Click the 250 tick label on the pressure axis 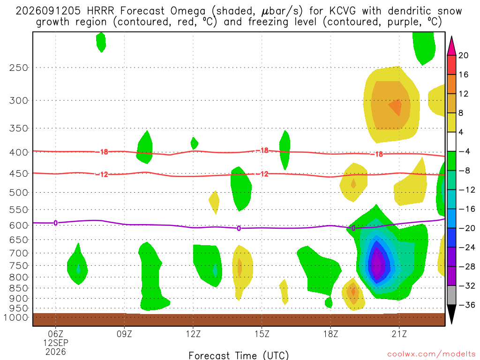point(19,67)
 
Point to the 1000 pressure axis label point(15,317)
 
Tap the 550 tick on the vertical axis point(19,210)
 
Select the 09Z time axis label point(124,334)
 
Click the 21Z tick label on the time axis point(399,334)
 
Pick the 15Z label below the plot point(262,334)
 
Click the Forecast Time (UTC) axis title point(239,355)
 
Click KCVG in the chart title point(343,11)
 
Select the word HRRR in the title point(100,11)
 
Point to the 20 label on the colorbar point(463,55)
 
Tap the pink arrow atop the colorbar point(451,45)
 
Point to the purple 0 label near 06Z point(55,223)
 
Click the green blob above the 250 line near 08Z point(101,42)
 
